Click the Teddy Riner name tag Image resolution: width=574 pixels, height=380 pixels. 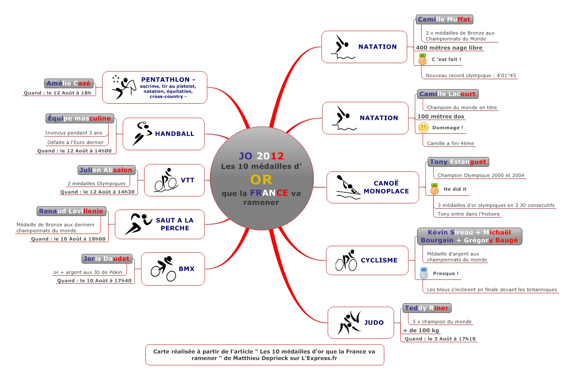(x=427, y=308)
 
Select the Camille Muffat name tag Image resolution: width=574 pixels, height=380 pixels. (x=444, y=19)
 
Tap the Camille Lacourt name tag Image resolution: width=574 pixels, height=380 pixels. (x=447, y=94)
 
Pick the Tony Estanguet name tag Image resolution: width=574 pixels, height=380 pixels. (x=458, y=162)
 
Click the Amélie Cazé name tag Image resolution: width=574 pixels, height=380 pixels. (x=68, y=83)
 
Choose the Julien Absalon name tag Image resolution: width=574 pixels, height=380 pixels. (x=106, y=170)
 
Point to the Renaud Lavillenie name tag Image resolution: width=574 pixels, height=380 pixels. (x=71, y=211)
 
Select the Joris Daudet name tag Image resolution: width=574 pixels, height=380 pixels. (x=106, y=259)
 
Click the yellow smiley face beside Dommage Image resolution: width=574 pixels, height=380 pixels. (x=423, y=127)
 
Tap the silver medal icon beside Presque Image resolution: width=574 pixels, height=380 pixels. (x=424, y=273)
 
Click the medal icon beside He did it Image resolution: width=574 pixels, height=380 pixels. (x=434, y=189)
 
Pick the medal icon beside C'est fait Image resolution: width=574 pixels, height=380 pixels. (x=422, y=59)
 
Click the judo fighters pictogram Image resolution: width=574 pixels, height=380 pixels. (x=349, y=323)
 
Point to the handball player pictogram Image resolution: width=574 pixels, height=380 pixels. (x=142, y=133)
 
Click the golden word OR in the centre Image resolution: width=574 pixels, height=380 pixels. (x=261, y=180)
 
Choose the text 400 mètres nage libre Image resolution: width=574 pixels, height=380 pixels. (x=449, y=48)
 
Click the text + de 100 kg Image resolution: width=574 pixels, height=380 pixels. (x=421, y=330)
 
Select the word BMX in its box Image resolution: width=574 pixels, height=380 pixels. (x=187, y=269)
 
